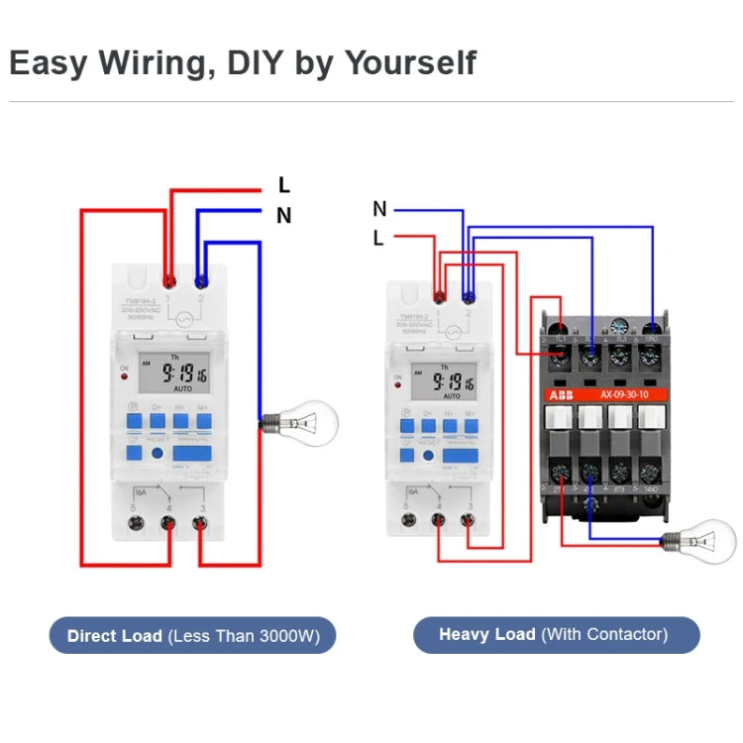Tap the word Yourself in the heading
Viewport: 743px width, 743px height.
click(x=410, y=62)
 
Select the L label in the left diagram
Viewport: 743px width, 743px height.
click(x=284, y=185)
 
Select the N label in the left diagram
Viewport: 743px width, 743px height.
click(x=284, y=215)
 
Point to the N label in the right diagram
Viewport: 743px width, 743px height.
click(x=379, y=209)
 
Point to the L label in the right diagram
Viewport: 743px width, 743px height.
click(x=378, y=238)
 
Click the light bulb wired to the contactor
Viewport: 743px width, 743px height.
click(x=699, y=541)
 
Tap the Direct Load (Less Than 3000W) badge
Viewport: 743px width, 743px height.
click(x=192, y=635)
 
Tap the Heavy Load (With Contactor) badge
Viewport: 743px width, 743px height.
click(x=555, y=634)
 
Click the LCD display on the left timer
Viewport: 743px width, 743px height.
click(x=171, y=373)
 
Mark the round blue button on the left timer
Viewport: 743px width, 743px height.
click(x=159, y=454)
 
